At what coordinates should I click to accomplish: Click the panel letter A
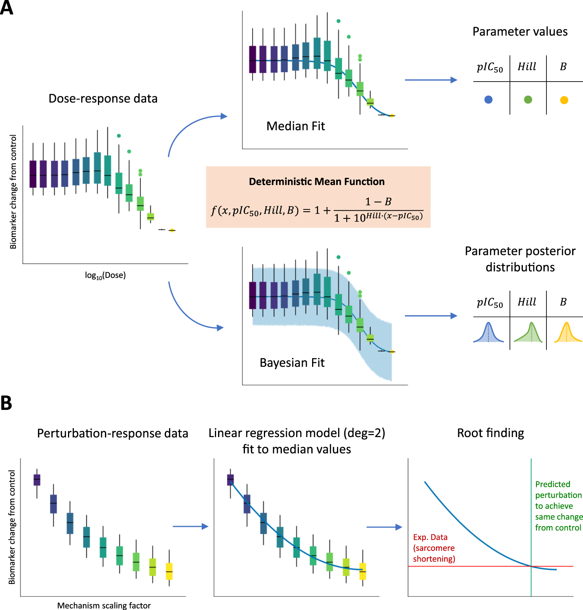click(7, 8)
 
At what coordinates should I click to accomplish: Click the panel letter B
click(6, 403)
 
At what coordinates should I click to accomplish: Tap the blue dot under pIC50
click(489, 100)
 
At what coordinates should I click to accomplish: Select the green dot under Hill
click(528, 100)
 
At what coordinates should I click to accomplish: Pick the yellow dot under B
click(564, 100)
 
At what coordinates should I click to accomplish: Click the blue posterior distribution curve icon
click(489, 333)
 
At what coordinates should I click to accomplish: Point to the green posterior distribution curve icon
click(528, 333)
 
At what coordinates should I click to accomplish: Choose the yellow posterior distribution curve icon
click(567, 333)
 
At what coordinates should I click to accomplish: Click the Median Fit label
click(295, 126)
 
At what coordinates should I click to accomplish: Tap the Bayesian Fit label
click(292, 363)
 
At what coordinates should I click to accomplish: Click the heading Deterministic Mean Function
click(317, 181)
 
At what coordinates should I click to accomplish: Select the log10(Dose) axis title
click(105, 275)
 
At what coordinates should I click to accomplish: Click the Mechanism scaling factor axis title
click(104, 605)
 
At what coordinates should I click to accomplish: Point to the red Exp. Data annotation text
click(434, 548)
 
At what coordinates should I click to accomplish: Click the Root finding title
click(490, 433)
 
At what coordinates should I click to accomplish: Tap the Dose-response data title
click(103, 98)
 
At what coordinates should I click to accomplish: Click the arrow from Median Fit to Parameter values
click(431, 80)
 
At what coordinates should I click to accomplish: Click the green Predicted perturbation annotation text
click(559, 506)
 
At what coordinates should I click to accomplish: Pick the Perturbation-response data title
click(112, 433)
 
